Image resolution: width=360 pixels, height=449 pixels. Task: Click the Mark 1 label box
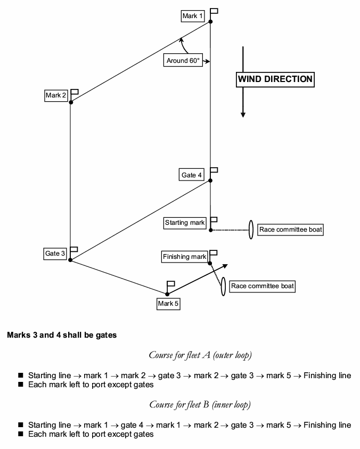[192, 16]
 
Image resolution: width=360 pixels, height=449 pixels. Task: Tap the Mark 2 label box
[56, 95]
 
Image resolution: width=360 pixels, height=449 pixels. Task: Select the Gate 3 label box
[55, 254]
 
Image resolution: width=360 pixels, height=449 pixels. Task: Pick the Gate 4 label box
[192, 175]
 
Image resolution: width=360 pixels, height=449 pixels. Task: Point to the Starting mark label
[185, 223]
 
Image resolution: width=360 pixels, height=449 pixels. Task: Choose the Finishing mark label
[184, 257]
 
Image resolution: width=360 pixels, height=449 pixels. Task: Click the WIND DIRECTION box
[275, 79]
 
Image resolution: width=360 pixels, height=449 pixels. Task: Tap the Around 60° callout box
[183, 61]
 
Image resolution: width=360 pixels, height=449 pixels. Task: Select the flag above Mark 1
[214, 11]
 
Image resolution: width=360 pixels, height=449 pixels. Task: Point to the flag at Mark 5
[171, 283]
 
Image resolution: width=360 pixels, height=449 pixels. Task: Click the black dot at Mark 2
[71, 102]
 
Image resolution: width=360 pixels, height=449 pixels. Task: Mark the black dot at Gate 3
[70, 260]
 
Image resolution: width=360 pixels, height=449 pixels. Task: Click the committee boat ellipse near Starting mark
[250, 230]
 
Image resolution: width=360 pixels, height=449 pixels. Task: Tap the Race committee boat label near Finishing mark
[262, 286]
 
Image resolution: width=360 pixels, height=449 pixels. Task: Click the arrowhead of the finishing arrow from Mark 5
[226, 265]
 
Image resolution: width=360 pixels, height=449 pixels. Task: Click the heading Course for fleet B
[200, 405]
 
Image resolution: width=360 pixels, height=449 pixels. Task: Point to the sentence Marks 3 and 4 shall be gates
[62, 336]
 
